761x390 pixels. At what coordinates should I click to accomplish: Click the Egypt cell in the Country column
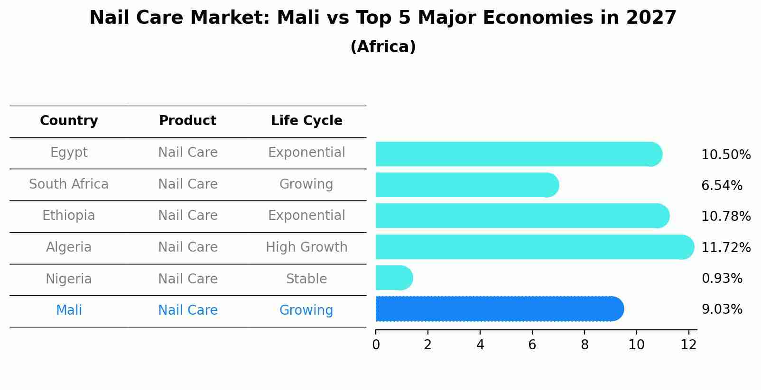[69, 153]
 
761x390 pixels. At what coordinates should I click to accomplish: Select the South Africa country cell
[69, 184]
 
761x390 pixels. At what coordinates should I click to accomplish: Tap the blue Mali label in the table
[69, 310]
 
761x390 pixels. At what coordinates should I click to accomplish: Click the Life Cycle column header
[306, 121]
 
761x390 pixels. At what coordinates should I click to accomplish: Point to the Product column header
[187, 121]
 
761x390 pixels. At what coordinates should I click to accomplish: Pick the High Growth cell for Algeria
[306, 247]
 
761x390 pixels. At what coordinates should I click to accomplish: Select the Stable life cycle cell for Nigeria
[306, 279]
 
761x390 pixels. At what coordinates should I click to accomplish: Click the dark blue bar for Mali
[498, 309]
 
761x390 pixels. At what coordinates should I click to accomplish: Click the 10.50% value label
[726, 155]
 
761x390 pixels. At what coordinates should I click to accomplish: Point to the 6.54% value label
[722, 186]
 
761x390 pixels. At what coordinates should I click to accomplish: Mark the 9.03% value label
[722, 309]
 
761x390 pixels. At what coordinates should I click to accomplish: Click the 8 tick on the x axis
[585, 345]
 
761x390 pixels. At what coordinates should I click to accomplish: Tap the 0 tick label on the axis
[376, 345]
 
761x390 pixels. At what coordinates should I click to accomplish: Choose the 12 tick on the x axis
[688, 345]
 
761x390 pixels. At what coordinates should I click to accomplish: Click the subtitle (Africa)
[383, 47]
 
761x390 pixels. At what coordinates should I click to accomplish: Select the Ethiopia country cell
[69, 216]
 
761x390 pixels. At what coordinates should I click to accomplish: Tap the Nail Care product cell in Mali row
[187, 310]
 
